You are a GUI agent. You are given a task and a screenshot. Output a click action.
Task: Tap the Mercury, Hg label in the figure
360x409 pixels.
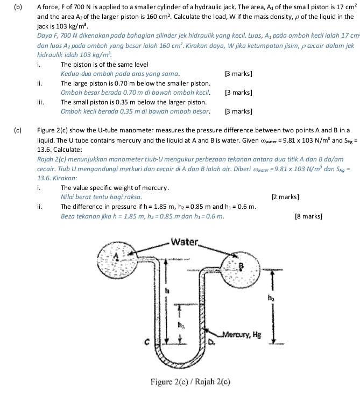[x=242, y=334]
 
